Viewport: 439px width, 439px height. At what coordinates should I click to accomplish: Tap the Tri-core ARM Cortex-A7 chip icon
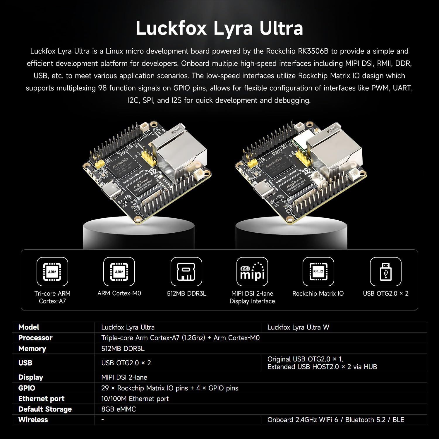pos(52,272)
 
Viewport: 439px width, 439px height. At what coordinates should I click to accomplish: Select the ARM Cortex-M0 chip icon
pos(119,272)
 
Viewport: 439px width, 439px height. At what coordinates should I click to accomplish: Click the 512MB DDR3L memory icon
pos(186,272)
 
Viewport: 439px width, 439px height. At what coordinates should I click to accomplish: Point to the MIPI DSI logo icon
pos(252,272)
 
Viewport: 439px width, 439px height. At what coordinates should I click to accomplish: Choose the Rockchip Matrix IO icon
pos(318,272)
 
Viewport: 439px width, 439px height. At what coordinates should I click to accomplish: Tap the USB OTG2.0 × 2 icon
pos(386,272)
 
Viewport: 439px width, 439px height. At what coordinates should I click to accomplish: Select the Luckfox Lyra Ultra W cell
pos(298,327)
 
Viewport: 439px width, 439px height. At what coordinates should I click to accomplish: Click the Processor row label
pos(35,338)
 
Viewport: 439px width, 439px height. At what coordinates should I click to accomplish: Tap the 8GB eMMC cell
pos(119,409)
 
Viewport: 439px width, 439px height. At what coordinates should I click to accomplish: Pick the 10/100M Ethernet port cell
pos(135,399)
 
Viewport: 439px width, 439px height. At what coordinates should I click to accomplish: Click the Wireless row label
pos(33,420)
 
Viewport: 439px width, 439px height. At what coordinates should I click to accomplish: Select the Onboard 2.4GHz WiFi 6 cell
pos(336,420)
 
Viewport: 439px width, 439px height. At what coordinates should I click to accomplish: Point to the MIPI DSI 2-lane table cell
pos(124,377)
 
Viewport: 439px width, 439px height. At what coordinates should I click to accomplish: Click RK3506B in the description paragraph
pos(313,51)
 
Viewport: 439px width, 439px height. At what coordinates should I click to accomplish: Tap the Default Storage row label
pos(45,409)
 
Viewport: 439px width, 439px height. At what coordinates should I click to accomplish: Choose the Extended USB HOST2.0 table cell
pos(322,367)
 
